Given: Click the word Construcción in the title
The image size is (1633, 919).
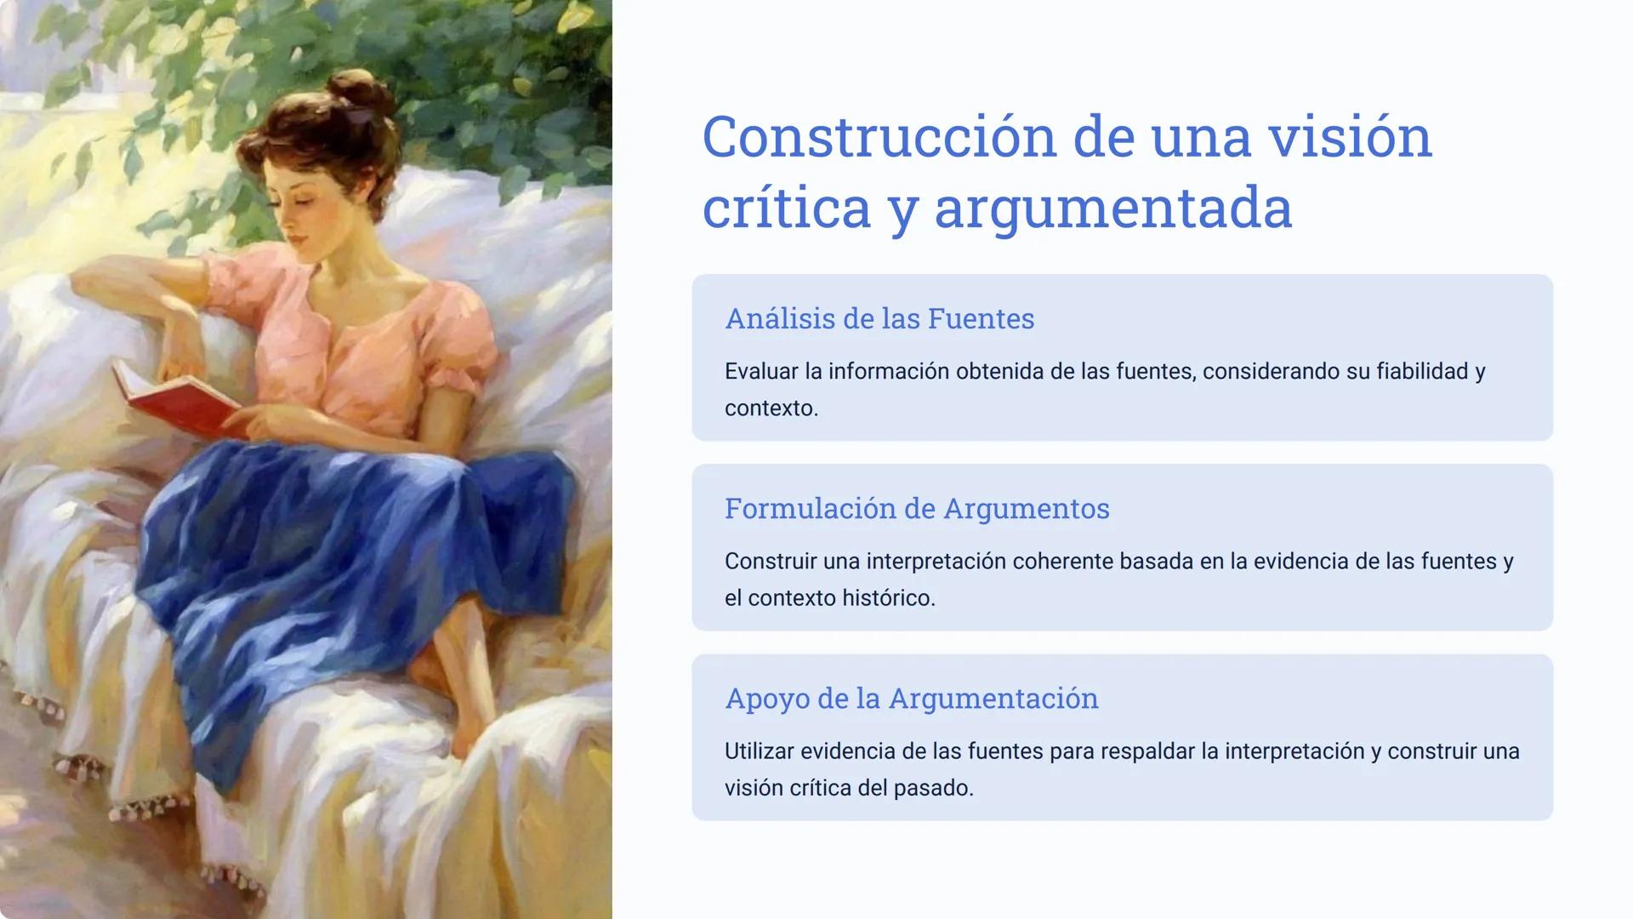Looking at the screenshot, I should (878, 138).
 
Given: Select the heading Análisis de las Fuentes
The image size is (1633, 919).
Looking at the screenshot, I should (879, 318).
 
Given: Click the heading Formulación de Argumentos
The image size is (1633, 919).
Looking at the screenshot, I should (917, 508).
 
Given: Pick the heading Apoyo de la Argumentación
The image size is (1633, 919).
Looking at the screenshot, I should (911, 698).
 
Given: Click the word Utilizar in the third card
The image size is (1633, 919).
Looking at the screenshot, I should (759, 751).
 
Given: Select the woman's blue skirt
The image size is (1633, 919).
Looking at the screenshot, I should (340, 553).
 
